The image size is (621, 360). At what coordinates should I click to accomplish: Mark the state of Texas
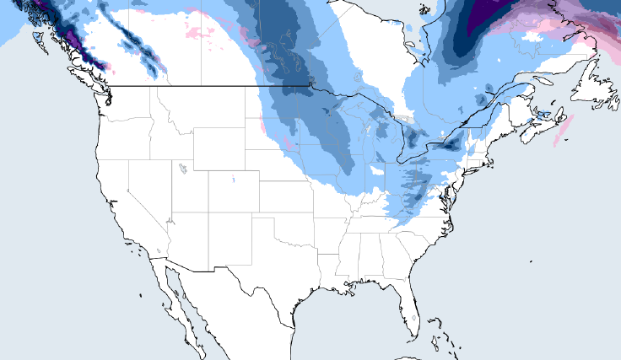(x=287, y=270)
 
